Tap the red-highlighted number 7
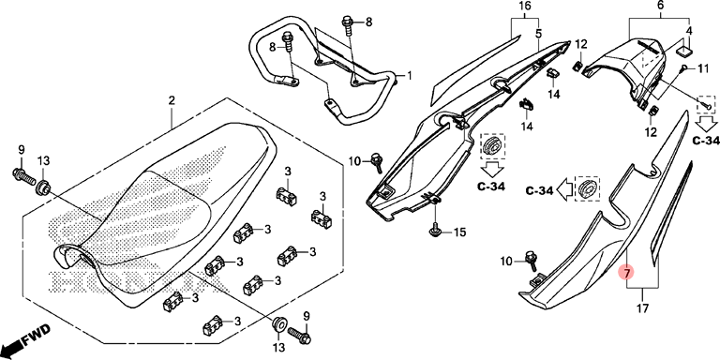pos(626,272)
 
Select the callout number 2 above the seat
pos(172,100)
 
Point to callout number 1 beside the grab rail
pos(409,75)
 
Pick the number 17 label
pos(643,308)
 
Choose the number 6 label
pos(660,6)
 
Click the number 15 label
pos(459,232)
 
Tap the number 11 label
pos(703,68)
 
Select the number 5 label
pos(538,33)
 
